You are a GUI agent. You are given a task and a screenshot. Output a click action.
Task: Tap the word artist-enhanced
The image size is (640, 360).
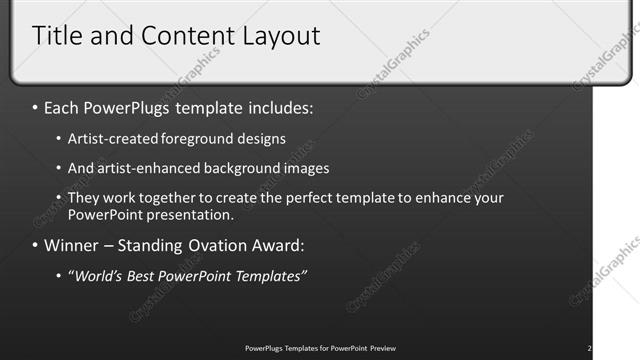[x=141, y=169]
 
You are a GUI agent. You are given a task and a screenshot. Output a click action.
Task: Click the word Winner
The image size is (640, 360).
[x=75, y=245]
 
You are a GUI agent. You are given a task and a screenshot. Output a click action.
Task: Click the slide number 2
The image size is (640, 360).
[x=589, y=348]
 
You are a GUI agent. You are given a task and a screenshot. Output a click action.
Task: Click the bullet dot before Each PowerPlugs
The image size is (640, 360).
[x=36, y=106]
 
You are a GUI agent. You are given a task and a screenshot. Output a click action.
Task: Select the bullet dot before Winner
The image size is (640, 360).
[x=36, y=245]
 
